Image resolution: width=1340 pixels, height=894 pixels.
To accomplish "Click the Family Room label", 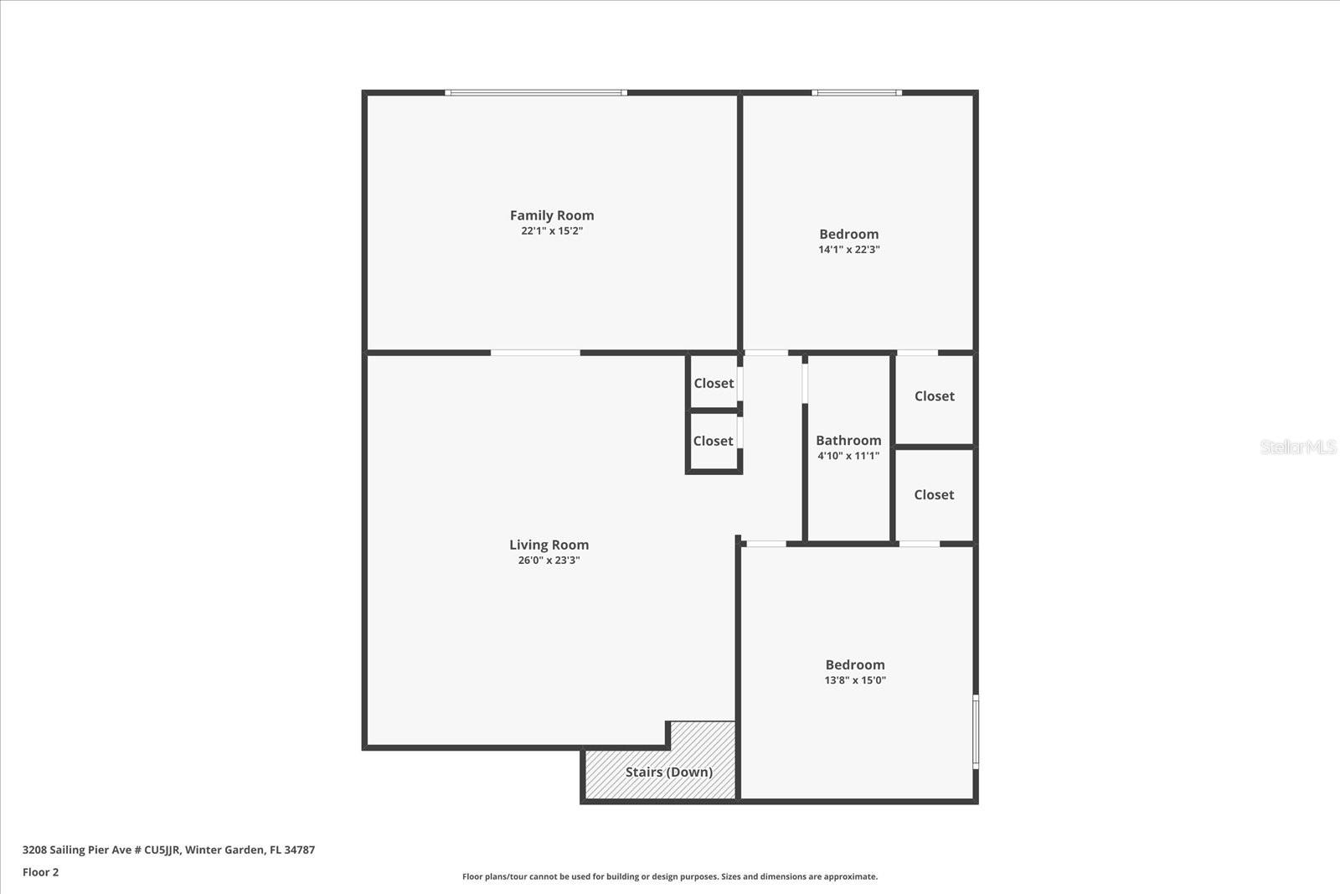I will point(552,215).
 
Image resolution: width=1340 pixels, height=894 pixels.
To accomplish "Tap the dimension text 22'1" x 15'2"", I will point(552,231).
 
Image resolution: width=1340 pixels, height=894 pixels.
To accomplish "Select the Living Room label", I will point(549,545).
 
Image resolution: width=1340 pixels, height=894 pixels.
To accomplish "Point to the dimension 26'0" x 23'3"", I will point(549,561).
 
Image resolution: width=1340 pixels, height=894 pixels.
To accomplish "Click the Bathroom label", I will point(848,440).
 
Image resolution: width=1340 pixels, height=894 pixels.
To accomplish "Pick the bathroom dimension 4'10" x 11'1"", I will point(848,456).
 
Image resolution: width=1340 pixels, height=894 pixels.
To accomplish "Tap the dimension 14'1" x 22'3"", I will point(848,250).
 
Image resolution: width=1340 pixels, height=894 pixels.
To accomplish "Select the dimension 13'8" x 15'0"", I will point(854,680).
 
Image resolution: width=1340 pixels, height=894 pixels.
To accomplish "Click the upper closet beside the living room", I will point(714,383).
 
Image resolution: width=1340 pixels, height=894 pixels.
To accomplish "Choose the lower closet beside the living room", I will point(713,441).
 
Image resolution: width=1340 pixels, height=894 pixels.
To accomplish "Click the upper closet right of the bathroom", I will point(934,396).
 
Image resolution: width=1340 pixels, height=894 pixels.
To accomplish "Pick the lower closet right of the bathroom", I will point(934,495).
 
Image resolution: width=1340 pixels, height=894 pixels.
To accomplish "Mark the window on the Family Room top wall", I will point(536,93).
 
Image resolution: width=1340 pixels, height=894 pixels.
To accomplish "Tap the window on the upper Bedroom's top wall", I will point(856,93).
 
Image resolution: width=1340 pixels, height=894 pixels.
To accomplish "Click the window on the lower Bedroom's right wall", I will point(976,731).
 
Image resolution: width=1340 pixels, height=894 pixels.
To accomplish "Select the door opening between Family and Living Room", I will point(535,353).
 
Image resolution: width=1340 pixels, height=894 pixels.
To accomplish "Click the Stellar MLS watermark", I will point(1298,447).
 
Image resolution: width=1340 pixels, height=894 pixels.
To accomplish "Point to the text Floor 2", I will point(40,872).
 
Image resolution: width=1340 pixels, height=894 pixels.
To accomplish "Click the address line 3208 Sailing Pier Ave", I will point(168,850).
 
